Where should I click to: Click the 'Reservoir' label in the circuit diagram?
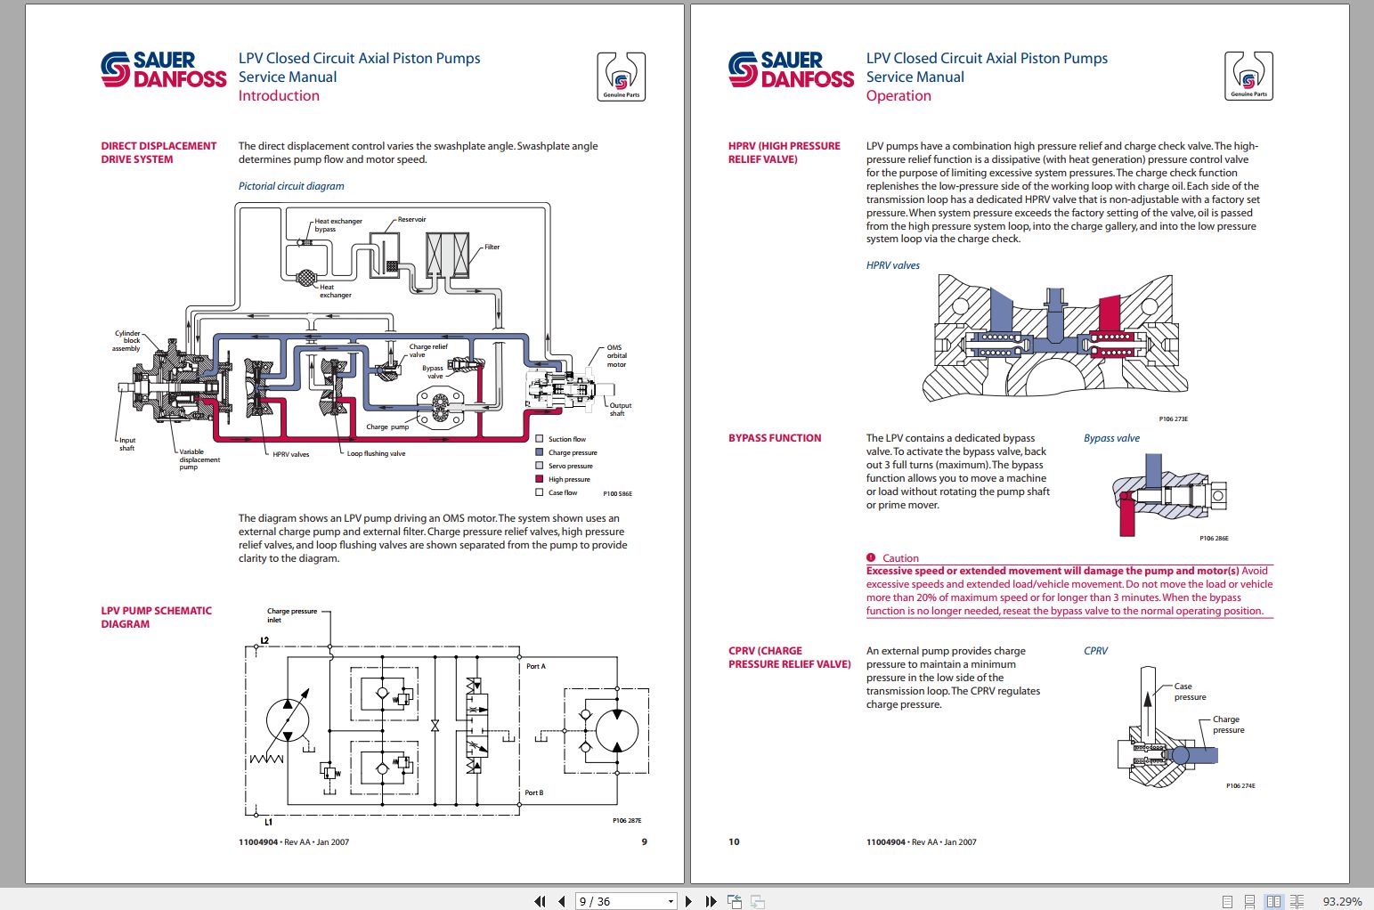(x=411, y=219)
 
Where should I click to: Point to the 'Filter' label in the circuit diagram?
(x=492, y=247)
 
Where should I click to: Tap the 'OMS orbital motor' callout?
(x=616, y=356)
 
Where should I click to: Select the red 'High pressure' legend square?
(x=540, y=479)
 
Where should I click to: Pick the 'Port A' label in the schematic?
(x=535, y=666)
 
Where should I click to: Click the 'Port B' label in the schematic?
(x=533, y=792)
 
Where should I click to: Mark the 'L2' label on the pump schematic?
(x=264, y=640)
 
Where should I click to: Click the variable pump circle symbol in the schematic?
(x=288, y=719)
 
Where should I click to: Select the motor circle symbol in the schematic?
(x=617, y=732)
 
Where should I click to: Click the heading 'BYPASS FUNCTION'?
(x=775, y=438)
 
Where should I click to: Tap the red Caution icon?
(x=871, y=557)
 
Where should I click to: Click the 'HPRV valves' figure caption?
(x=892, y=265)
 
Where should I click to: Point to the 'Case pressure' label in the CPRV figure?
(x=1189, y=692)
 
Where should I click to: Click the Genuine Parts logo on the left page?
(x=621, y=77)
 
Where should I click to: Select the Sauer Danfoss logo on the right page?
(x=790, y=69)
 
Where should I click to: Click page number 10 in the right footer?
(x=734, y=841)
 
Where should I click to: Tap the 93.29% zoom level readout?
(x=1342, y=901)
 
